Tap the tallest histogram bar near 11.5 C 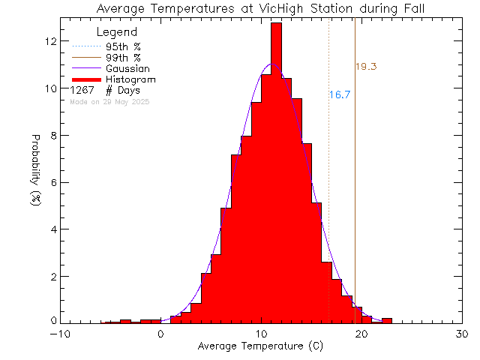point(276,172)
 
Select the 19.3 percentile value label point(365,67)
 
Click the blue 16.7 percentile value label point(340,95)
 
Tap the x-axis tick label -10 point(60,335)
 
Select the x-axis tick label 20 point(361,335)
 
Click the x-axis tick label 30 point(461,335)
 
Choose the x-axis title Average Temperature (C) point(260,347)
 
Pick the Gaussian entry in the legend point(127,68)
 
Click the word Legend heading point(118,32)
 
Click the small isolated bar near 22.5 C point(387,320)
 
